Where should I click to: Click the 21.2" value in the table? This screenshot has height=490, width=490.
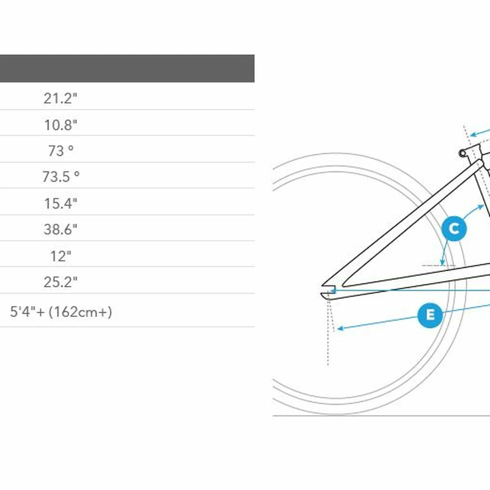coord(60,98)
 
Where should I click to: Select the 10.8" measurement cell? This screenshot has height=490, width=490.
coord(60,125)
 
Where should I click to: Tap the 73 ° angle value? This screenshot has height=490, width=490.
coord(60,151)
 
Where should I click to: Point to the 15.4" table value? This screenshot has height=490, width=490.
coord(60,203)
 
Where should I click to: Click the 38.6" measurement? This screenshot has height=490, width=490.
coord(60,229)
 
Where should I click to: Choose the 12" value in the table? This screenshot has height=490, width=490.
coord(60,256)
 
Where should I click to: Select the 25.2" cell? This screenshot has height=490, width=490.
coord(60,282)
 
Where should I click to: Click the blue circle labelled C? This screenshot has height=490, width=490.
coord(454,229)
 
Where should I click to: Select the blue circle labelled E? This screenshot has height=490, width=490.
coord(430,315)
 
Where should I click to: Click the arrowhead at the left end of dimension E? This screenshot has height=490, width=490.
coord(339,328)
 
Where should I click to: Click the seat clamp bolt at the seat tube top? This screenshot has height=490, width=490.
coord(462,154)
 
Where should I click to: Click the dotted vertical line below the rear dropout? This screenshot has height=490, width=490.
coord(328,345)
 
